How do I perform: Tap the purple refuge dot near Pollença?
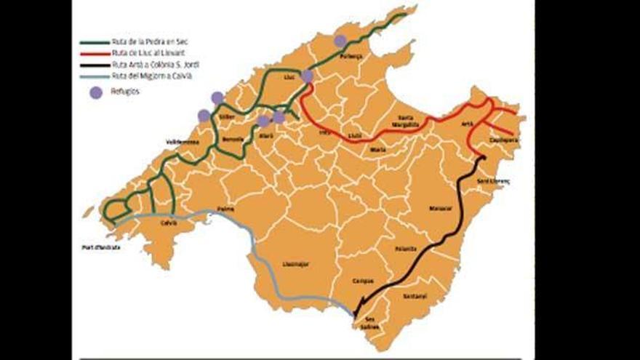[340, 41]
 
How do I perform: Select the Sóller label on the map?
[226, 116]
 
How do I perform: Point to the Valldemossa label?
[183, 142]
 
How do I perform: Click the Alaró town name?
[266, 136]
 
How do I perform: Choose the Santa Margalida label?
[404, 121]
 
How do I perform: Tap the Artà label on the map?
[468, 124]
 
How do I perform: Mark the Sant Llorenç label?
[493, 181]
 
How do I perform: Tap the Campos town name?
[362, 281]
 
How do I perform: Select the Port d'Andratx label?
[101, 247]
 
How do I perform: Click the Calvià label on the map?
[169, 223]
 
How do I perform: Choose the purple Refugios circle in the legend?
[95, 92]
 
